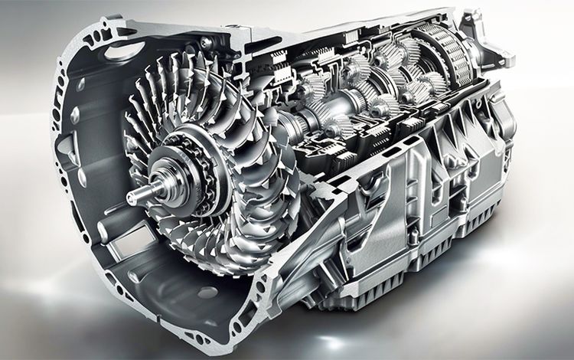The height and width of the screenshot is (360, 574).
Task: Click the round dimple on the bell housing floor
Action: click(136, 275)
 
